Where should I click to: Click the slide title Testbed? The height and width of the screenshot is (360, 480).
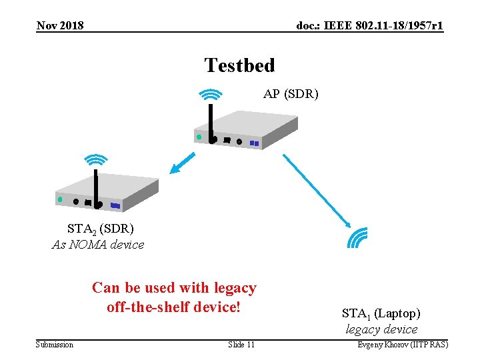239,65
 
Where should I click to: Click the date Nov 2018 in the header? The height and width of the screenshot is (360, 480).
60,26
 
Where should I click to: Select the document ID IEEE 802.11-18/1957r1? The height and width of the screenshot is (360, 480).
370,26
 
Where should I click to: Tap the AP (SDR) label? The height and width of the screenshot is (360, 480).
291,94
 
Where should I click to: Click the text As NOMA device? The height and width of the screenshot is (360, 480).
98,245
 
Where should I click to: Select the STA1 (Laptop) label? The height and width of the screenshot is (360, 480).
381,313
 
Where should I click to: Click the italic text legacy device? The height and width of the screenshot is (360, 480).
381,329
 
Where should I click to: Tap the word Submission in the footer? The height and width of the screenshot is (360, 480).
55,345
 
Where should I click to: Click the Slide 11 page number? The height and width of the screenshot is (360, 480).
241,345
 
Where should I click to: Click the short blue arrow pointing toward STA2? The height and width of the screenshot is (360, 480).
182,163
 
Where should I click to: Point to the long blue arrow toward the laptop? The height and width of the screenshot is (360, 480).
317,189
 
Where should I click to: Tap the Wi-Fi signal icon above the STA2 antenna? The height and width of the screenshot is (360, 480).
97,160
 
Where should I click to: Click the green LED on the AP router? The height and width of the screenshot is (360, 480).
199,137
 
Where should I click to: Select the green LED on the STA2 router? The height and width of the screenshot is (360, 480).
60,199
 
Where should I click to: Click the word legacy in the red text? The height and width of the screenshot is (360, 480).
234,288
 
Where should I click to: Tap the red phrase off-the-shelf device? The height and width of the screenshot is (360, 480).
173,307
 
